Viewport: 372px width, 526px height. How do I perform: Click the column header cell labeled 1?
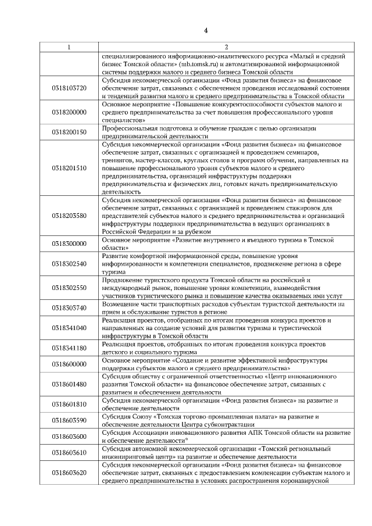coord(69,46)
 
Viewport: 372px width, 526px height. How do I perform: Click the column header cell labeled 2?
coord(226,46)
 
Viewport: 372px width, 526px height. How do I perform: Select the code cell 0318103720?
coord(69,88)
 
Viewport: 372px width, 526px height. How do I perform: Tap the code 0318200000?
coord(69,112)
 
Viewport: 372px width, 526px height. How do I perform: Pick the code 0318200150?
coord(69,131)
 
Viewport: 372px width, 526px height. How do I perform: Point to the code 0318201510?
coord(69,167)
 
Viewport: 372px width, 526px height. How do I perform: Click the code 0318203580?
coord(69,216)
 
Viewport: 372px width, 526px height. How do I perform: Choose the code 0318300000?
coord(69,244)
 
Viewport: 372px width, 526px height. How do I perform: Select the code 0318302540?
coord(69,263)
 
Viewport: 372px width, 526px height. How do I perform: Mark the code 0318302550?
coord(69,288)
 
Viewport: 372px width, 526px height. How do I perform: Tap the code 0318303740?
coord(69,307)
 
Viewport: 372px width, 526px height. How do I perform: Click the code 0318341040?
coord(69,328)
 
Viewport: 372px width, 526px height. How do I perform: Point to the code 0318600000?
coord(69,364)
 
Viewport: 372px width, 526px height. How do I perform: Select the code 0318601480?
coord(69,384)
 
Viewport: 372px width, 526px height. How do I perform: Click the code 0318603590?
coord(69,420)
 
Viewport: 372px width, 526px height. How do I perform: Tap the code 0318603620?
coord(69,473)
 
